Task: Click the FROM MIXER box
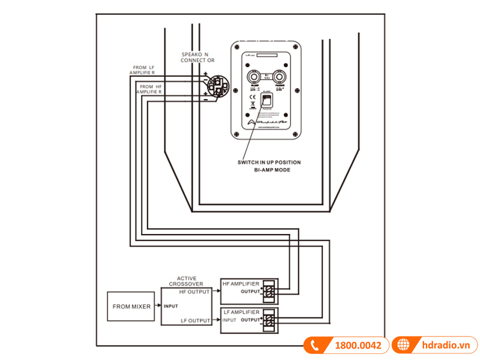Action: click(x=131, y=306)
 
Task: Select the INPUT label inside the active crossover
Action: click(x=172, y=306)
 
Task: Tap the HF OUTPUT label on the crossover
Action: click(x=194, y=292)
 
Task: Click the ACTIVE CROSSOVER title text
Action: click(x=187, y=281)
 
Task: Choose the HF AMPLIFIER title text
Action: click(x=241, y=283)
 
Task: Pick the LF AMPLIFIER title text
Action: click(x=241, y=312)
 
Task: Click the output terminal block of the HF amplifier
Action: click(x=269, y=292)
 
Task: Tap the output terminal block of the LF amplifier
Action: click(x=269, y=320)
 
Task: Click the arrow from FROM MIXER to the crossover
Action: click(x=157, y=306)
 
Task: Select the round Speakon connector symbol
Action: click(x=214, y=87)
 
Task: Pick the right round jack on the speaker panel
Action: click(x=279, y=76)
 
